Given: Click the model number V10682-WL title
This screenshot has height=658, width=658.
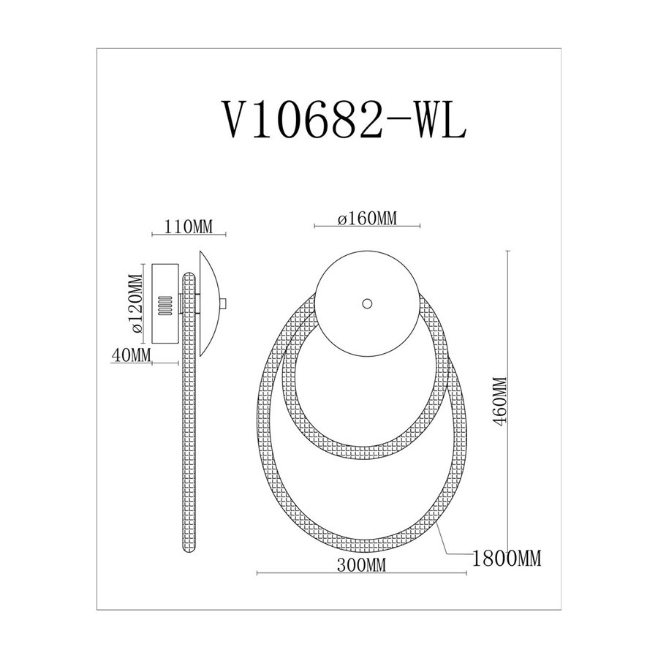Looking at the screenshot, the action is tap(344, 120).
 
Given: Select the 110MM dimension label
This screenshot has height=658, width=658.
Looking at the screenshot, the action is tap(189, 227).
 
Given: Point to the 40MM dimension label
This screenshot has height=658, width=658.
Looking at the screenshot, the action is tap(131, 355).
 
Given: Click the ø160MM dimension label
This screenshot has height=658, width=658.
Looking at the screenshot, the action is tap(367, 218).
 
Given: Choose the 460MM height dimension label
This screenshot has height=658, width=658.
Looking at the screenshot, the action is tap(501, 401).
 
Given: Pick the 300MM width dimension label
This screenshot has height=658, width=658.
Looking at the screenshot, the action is tap(361, 565).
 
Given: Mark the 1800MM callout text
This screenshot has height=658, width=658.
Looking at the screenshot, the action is tap(507, 558).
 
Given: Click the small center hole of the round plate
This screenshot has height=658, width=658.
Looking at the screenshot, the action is tap(367, 303).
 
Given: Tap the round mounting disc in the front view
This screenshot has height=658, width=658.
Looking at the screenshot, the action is tap(367, 303).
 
